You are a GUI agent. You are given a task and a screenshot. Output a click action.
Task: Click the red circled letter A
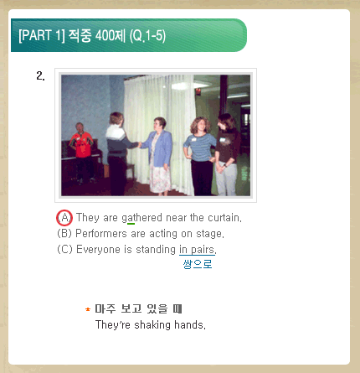[x=64, y=218]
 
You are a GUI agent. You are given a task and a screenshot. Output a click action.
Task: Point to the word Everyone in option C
[x=98, y=250]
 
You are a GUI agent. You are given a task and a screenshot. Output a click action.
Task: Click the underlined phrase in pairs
[x=198, y=250]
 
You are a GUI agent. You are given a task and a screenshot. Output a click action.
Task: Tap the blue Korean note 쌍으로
[x=198, y=264]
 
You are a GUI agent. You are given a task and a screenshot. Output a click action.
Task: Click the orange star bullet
[x=88, y=309]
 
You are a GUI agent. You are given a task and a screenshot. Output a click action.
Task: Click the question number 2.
[x=40, y=75]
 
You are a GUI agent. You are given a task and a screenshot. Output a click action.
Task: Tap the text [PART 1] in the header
[x=42, y=35]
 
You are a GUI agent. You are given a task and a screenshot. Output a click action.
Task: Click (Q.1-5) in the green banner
[x=147, y=36]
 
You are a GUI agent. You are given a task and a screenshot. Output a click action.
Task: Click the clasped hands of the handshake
[x=140, y=144]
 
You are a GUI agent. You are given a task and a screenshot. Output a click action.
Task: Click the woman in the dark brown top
[x=228, y=154]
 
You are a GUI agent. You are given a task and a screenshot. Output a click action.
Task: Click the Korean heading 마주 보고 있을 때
[x=138, y=308]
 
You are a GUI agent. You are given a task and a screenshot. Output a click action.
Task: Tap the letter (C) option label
[x=64, y=249]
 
